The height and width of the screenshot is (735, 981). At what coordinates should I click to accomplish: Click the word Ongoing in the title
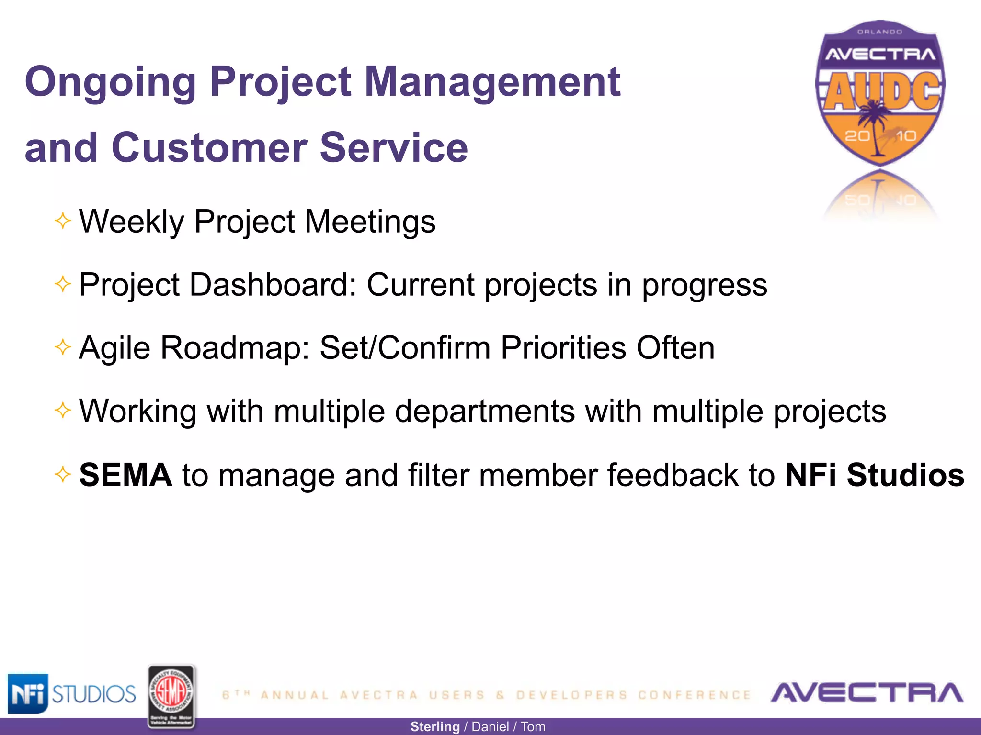click(110, 82)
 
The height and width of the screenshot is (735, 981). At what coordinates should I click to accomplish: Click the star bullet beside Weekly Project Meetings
click(63, 221)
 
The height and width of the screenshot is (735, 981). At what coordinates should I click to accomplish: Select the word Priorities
click(563, 347)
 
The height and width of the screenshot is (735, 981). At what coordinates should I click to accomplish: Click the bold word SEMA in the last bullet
click(125, 475)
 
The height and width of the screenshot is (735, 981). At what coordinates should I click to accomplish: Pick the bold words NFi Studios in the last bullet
click(875, 475)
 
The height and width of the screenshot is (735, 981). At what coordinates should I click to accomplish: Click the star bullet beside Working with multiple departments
click(63, 410)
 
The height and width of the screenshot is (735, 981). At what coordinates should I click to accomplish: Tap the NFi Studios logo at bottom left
click(72, 693)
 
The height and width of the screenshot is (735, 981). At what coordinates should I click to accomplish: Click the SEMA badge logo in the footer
click(171, 697)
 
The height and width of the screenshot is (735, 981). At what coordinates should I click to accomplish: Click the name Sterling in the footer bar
click(434, 727)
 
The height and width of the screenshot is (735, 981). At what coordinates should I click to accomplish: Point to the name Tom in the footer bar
click(533, 727)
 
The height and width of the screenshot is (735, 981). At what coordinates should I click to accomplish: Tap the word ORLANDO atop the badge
click(879, 32)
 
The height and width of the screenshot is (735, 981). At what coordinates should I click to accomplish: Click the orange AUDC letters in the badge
click(881, 91)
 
